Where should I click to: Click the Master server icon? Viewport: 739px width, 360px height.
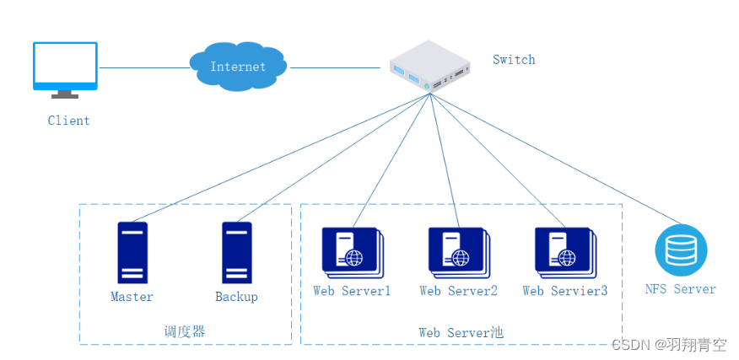(x=132, y=252)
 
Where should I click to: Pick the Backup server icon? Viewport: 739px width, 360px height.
(x=236, y=252)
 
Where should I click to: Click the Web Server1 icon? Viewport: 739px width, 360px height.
(x=352, y=252)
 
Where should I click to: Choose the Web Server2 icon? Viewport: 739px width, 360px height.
(x=458, y=252)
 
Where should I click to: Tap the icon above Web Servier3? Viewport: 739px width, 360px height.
(x=564, y=252)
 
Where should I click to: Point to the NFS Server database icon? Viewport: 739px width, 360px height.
(x=681, y=250)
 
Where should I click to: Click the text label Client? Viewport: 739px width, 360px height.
(x=68, y=121)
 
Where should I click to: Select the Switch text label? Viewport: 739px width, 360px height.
(x=514, y=60)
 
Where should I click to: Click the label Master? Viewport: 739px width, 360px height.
(x=132, y=297)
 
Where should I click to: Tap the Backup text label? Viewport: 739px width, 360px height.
(x=236, y=297)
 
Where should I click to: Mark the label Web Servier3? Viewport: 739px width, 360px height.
(x=564, y=291)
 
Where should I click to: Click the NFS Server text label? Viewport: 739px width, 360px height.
(x=680, y=289)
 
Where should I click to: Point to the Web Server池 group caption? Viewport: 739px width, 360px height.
(x=461, y=332)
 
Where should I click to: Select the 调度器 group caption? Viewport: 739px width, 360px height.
(x=184, y=331)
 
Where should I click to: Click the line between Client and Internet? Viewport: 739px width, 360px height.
(x=143, y=67)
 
